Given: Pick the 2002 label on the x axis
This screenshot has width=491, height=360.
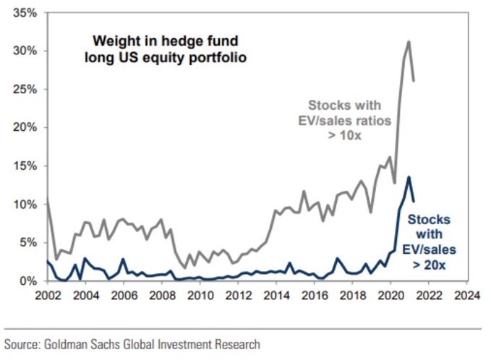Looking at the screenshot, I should tap(47, 296).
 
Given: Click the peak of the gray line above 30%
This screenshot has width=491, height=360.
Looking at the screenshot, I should tap(409, 42).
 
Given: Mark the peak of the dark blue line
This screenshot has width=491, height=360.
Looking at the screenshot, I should tap(409, 177).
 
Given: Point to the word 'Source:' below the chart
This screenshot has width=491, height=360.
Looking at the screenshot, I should tap(25, 344).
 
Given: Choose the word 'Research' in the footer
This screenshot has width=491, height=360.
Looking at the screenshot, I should tap(235, 344).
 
